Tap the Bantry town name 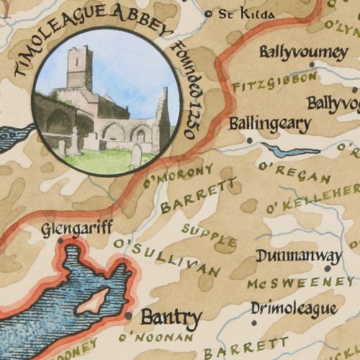tap(171, 316)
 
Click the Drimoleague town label tap(294, 309)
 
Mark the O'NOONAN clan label tap(158, 337)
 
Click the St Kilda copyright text tap(239, 14)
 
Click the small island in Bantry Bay tap(96, 300)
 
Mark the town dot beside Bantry tap(128, 315)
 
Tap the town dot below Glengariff tap(60, 240)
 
